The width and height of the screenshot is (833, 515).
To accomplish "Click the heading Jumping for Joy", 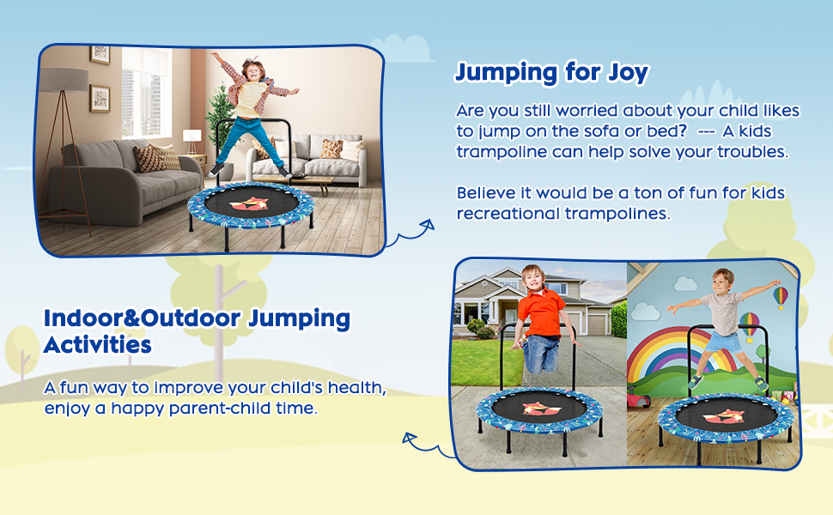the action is click(x=551, y=73).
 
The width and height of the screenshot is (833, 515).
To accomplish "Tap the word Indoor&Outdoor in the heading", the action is click(x=143, y=318).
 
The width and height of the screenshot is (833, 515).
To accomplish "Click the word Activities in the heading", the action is click(x=98, y=345).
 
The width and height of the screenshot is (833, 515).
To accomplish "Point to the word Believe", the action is click(x=492, y=193).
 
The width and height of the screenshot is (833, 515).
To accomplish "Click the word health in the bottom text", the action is click(x=356, y=388).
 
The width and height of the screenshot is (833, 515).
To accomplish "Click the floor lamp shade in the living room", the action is click(x=64, y=80).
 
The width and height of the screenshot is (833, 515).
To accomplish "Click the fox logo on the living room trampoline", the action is click(x=249, y=204).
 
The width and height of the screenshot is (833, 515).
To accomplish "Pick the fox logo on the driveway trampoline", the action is click(x=542, y=408).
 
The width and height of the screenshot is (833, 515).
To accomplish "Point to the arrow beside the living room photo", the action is click(x=408, y=234).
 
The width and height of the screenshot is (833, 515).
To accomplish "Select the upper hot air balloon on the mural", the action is click(x=781, y=297).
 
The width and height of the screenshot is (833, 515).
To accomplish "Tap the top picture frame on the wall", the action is click(x=100, y=54).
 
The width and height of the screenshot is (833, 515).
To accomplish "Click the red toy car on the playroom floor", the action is click(x=639, y=397).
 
